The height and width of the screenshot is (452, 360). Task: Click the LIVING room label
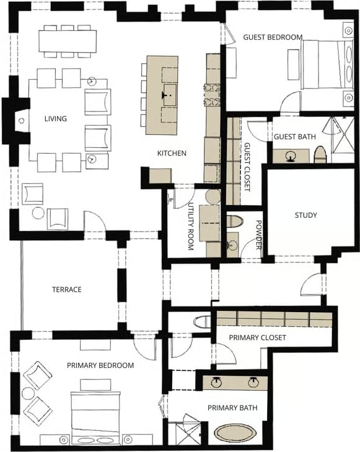tap(56, 118)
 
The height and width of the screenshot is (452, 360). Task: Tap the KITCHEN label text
tap(172, 153)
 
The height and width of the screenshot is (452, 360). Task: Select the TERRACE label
tap(67, 289)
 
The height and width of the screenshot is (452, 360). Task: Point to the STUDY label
tap(305, 215)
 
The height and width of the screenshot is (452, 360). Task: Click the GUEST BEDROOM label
tap(273, 37)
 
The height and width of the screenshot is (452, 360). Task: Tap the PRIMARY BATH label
tap(232, 407)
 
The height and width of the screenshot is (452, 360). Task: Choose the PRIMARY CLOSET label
tap(257, 337)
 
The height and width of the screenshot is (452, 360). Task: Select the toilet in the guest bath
tap(320, 155)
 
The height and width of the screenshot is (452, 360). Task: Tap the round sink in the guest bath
tap(290, 156)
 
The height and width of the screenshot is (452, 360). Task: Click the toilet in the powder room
tap(234, 222)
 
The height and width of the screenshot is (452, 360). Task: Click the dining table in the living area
tap(68, 41)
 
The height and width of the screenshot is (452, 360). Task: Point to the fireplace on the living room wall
tap(16, 121)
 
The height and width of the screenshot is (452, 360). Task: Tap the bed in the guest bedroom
tap(327, 64)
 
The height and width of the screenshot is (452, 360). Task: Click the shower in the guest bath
tap(343, 139)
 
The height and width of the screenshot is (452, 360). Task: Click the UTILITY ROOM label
tap(191, 226)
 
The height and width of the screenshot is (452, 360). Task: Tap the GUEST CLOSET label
tap(247, 167)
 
